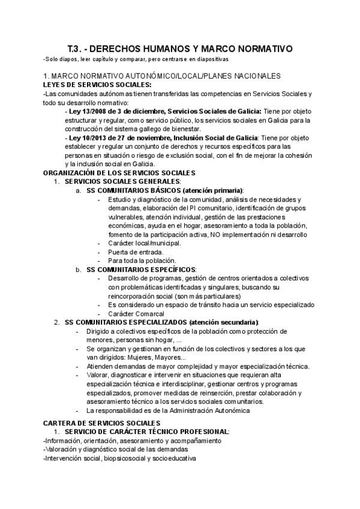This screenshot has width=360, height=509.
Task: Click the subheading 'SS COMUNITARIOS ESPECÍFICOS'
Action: (141, 270)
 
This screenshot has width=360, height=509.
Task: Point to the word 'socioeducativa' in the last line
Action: (174, 458)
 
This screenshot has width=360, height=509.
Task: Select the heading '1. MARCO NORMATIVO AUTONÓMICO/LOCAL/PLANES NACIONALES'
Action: (161, 76)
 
